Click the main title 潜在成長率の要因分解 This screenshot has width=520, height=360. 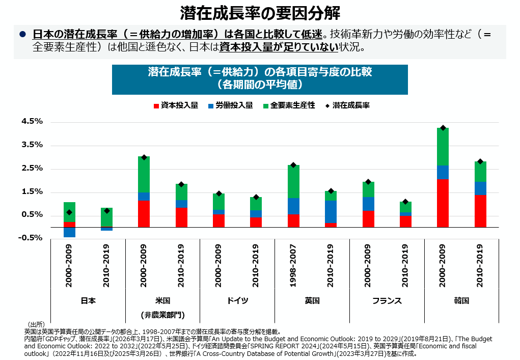pyautogui.click(x=260, y=13)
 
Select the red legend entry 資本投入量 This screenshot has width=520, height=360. pyautogui.click(x=176, y=105)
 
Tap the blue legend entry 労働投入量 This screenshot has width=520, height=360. pyautogui.click(x=231, y=105)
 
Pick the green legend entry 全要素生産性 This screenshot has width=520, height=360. pyautogui.click(x=289, y=105)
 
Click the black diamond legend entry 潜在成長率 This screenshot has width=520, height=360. pyautogui.click(x=347, y=105)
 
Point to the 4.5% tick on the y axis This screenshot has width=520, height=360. pyautogui.click(x=32, y=121)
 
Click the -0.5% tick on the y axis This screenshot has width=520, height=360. pyautogui.click(x=30, y=238)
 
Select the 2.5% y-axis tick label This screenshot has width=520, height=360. pyautogui.click(x=32, y=168)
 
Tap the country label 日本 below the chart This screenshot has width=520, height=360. pyautogui.click(x=88, y=300)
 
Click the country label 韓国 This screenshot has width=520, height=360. pyautogui.click(x=461, y=300)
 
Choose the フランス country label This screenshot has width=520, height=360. pyautogui.click(x=387, y=300)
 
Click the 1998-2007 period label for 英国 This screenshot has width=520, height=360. pyautogui.click(x=293, y=265)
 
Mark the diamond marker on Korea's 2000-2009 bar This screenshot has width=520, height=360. pyautogui.click(x=443, y=128)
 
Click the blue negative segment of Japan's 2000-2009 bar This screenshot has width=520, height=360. pyautogui.click(x=69, y=232)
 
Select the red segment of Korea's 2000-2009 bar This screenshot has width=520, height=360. pyautogui.click(x=443, y=203)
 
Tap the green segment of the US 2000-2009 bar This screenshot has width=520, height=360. pyautogui.click(x=144, y=174)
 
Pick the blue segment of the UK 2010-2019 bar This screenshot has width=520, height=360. pyautogui.click(x=331, y=212)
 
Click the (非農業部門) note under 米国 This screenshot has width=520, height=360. pyautogui.click(x=163, y=315)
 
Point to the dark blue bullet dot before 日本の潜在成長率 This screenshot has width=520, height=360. pyautogui.click(x=22, y=34)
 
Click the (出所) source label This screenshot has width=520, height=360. pyautogui.click(x=36, y=324)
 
